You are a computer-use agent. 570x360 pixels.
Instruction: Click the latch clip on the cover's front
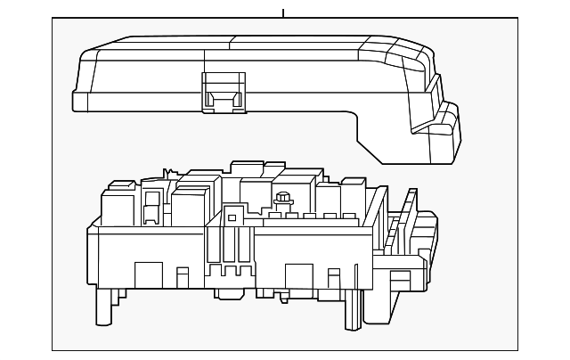point(223,91)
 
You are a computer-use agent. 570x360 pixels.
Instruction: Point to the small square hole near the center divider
point(232,216)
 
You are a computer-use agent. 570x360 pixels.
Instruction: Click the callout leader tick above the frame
point(283,12)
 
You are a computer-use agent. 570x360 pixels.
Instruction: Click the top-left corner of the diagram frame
point(53,19)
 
